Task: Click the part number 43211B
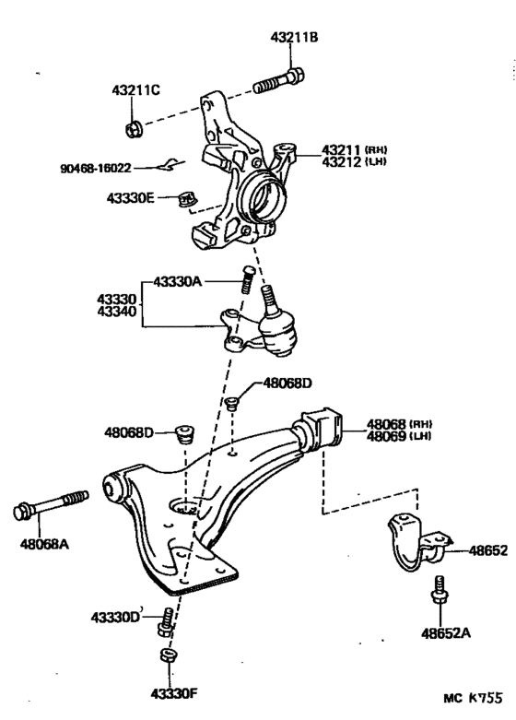294,37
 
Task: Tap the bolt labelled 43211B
279,82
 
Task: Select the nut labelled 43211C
135,128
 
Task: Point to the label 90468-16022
96,169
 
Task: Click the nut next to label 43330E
188,199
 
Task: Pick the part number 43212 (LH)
354,162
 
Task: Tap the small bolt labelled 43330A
248,279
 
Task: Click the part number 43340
117,312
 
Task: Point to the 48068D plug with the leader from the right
233,403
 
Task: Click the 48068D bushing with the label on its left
185,434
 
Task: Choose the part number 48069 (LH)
399,436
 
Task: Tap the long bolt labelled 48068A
51,504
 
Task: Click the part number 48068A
44,545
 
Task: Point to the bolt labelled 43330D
166,623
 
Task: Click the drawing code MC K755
473,699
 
